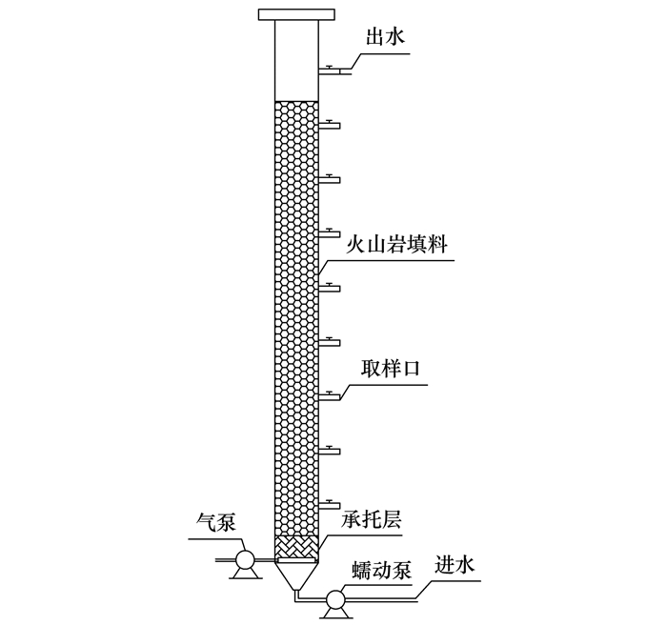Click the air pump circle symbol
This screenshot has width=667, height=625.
click(x=243, y=559)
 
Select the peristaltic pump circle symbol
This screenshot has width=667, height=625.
click(x=334, y=599)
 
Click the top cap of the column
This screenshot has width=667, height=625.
click(x=296, y=13)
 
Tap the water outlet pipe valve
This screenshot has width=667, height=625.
click(x=330, y=69)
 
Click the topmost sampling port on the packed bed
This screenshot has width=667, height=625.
click(x=329, y=124)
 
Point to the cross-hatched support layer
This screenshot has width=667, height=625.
click(x=296, y=547)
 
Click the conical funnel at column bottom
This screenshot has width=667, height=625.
click(x=296, y=575)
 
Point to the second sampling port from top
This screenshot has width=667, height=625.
click(x=329, y=178)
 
